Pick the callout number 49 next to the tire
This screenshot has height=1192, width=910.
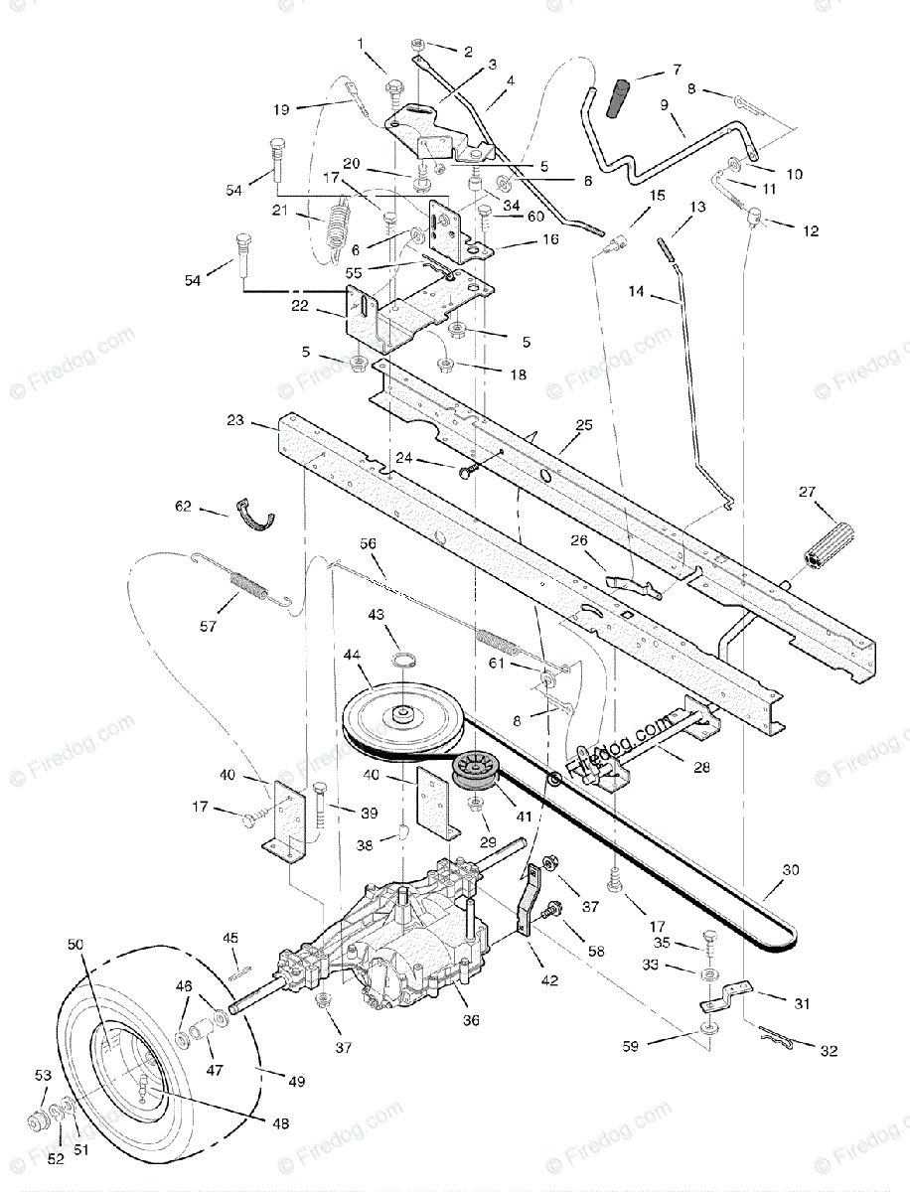pyautogui.click(x=296, y=1081)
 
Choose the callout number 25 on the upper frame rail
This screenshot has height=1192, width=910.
pyautogui.click(x=583, y=424)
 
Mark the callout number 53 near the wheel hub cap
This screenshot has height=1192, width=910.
pyautogui.click(x=42, y=1075)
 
